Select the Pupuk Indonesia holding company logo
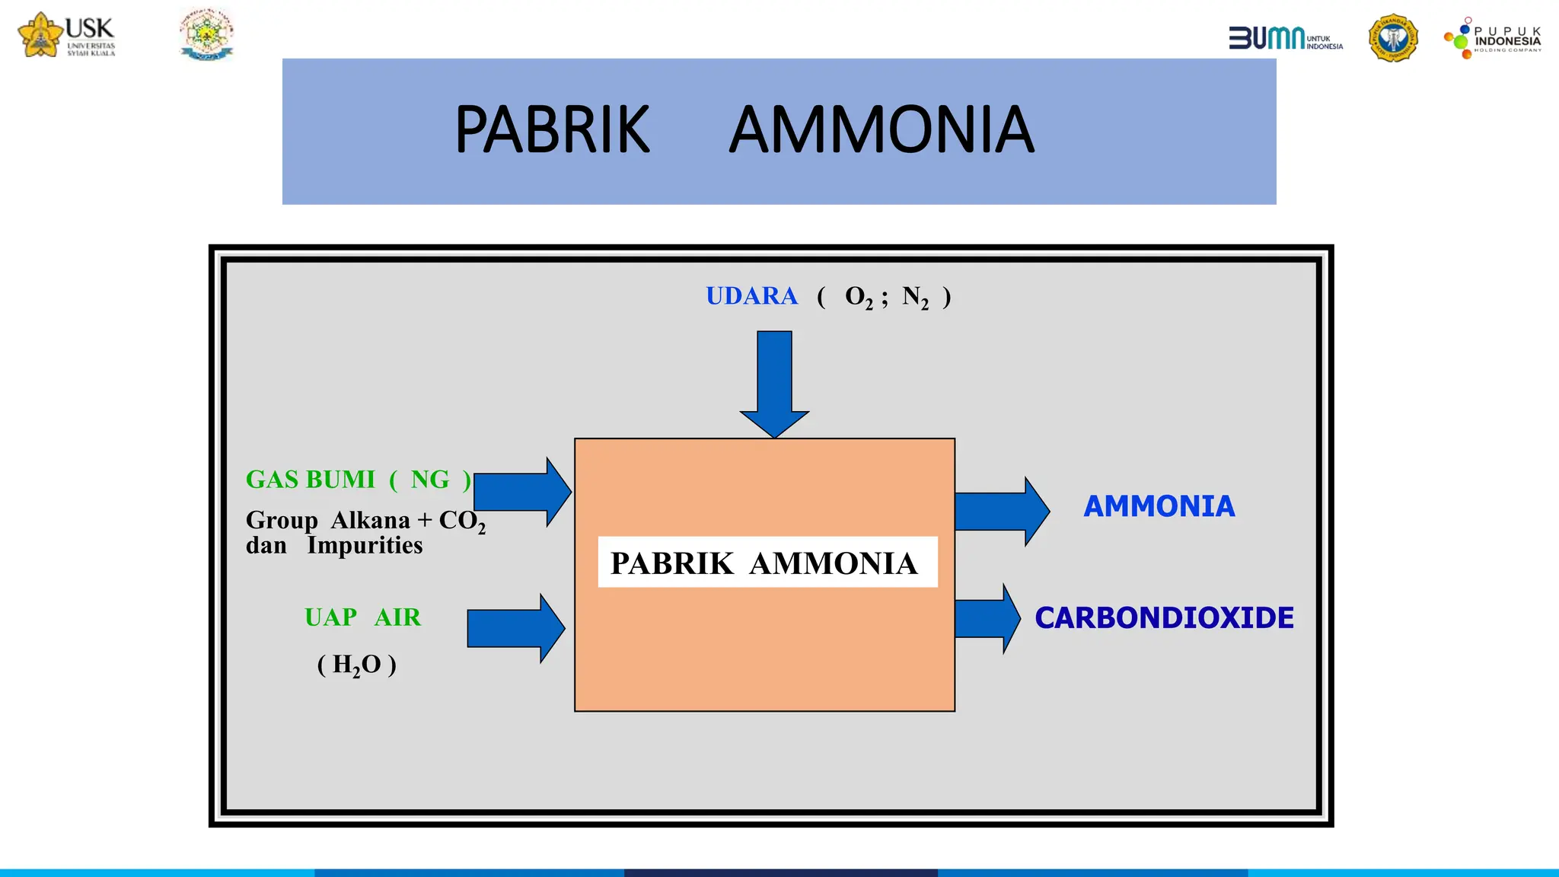point(1493,38)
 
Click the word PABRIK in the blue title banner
point(552,130)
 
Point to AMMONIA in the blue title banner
point(882,130)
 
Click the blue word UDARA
point(751,295)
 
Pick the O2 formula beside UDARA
point(859,297)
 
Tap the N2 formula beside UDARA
point(915,297)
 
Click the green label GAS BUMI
point(310,480)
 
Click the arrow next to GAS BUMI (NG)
point(522,492)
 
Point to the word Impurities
point(365,545)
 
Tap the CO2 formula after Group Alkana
point(461,521)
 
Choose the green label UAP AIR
point(362,617)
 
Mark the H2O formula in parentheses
point(356,665)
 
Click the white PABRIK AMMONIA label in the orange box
point(767,563)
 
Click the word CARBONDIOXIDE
point(1164,617)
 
